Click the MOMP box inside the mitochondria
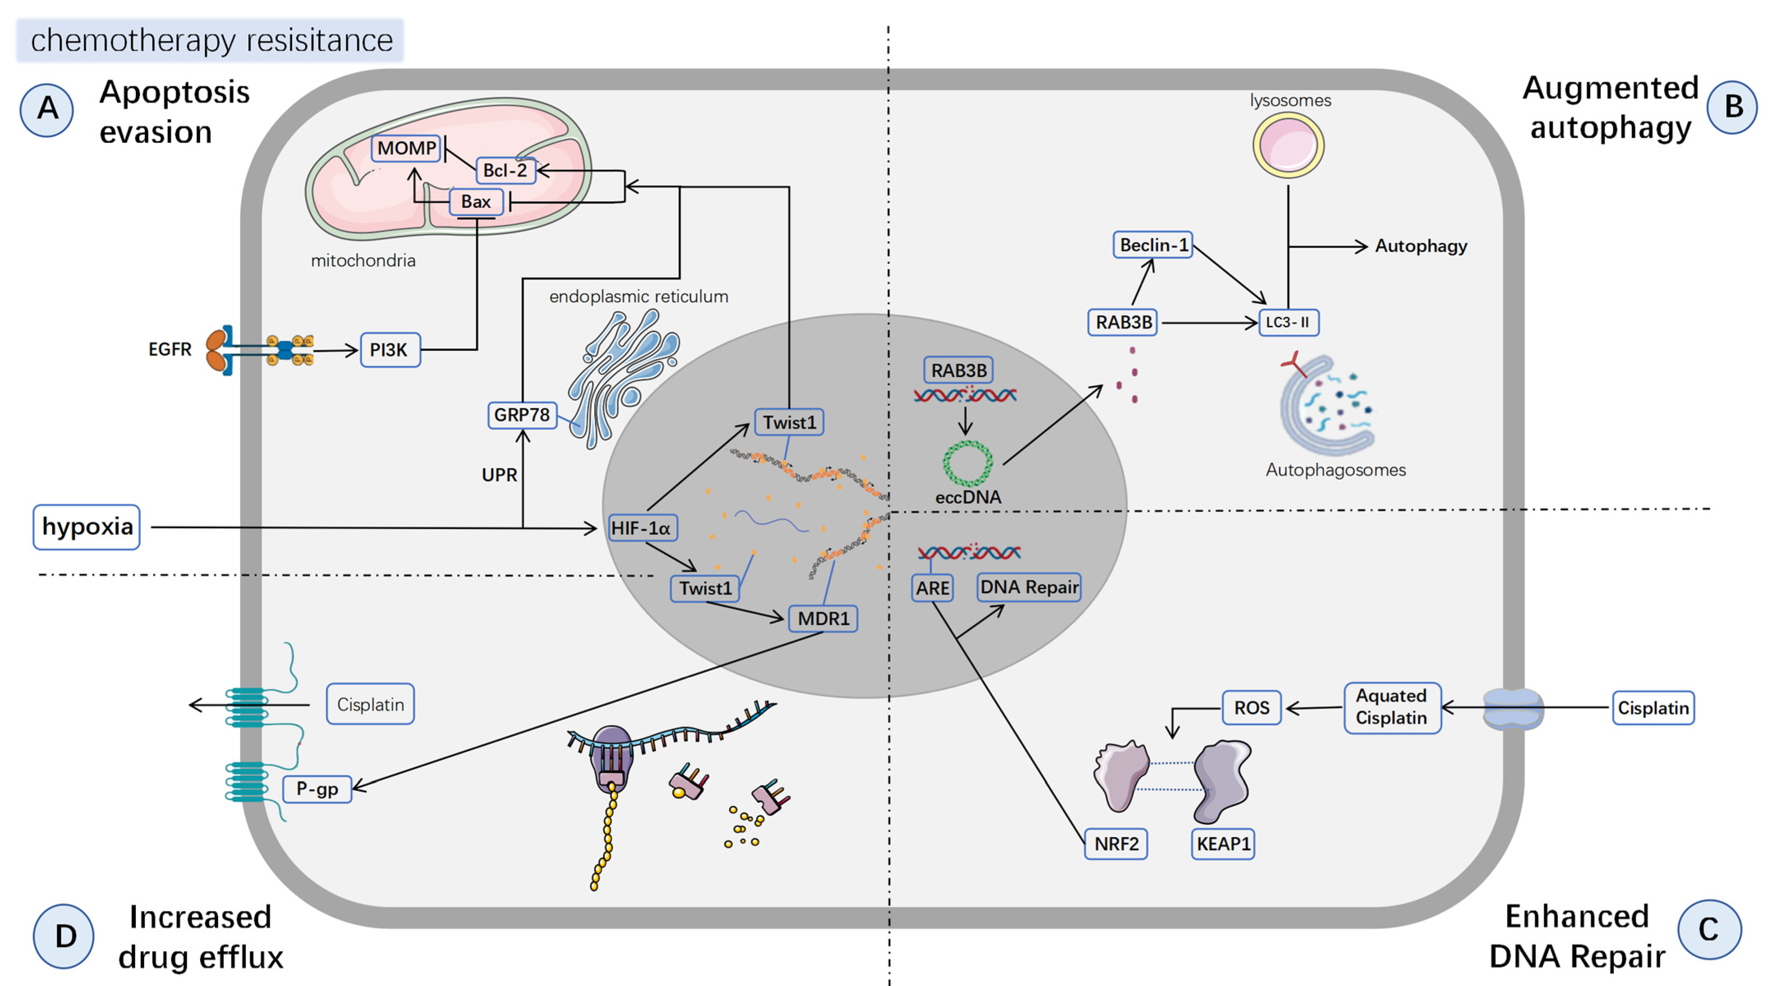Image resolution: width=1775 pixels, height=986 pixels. [x=406, y=148]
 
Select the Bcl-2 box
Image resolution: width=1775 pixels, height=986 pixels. [x=504, y=170]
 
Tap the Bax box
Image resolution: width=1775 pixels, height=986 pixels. [x=476, y=202]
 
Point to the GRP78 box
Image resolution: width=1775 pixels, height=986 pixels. [x=522, y=415]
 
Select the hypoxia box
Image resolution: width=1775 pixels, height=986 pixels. [x=87, y=527]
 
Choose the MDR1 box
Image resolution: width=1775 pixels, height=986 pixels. [x=823, y=619]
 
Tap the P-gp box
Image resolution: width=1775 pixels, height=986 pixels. [x=317, y=789]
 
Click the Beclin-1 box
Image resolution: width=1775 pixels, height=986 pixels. [x=1153, y=245]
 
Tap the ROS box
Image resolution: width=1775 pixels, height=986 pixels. [x=1251, y=708]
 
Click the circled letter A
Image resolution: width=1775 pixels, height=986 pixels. [x=47, y=109]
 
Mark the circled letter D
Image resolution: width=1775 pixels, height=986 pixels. [x=64, y=936]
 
